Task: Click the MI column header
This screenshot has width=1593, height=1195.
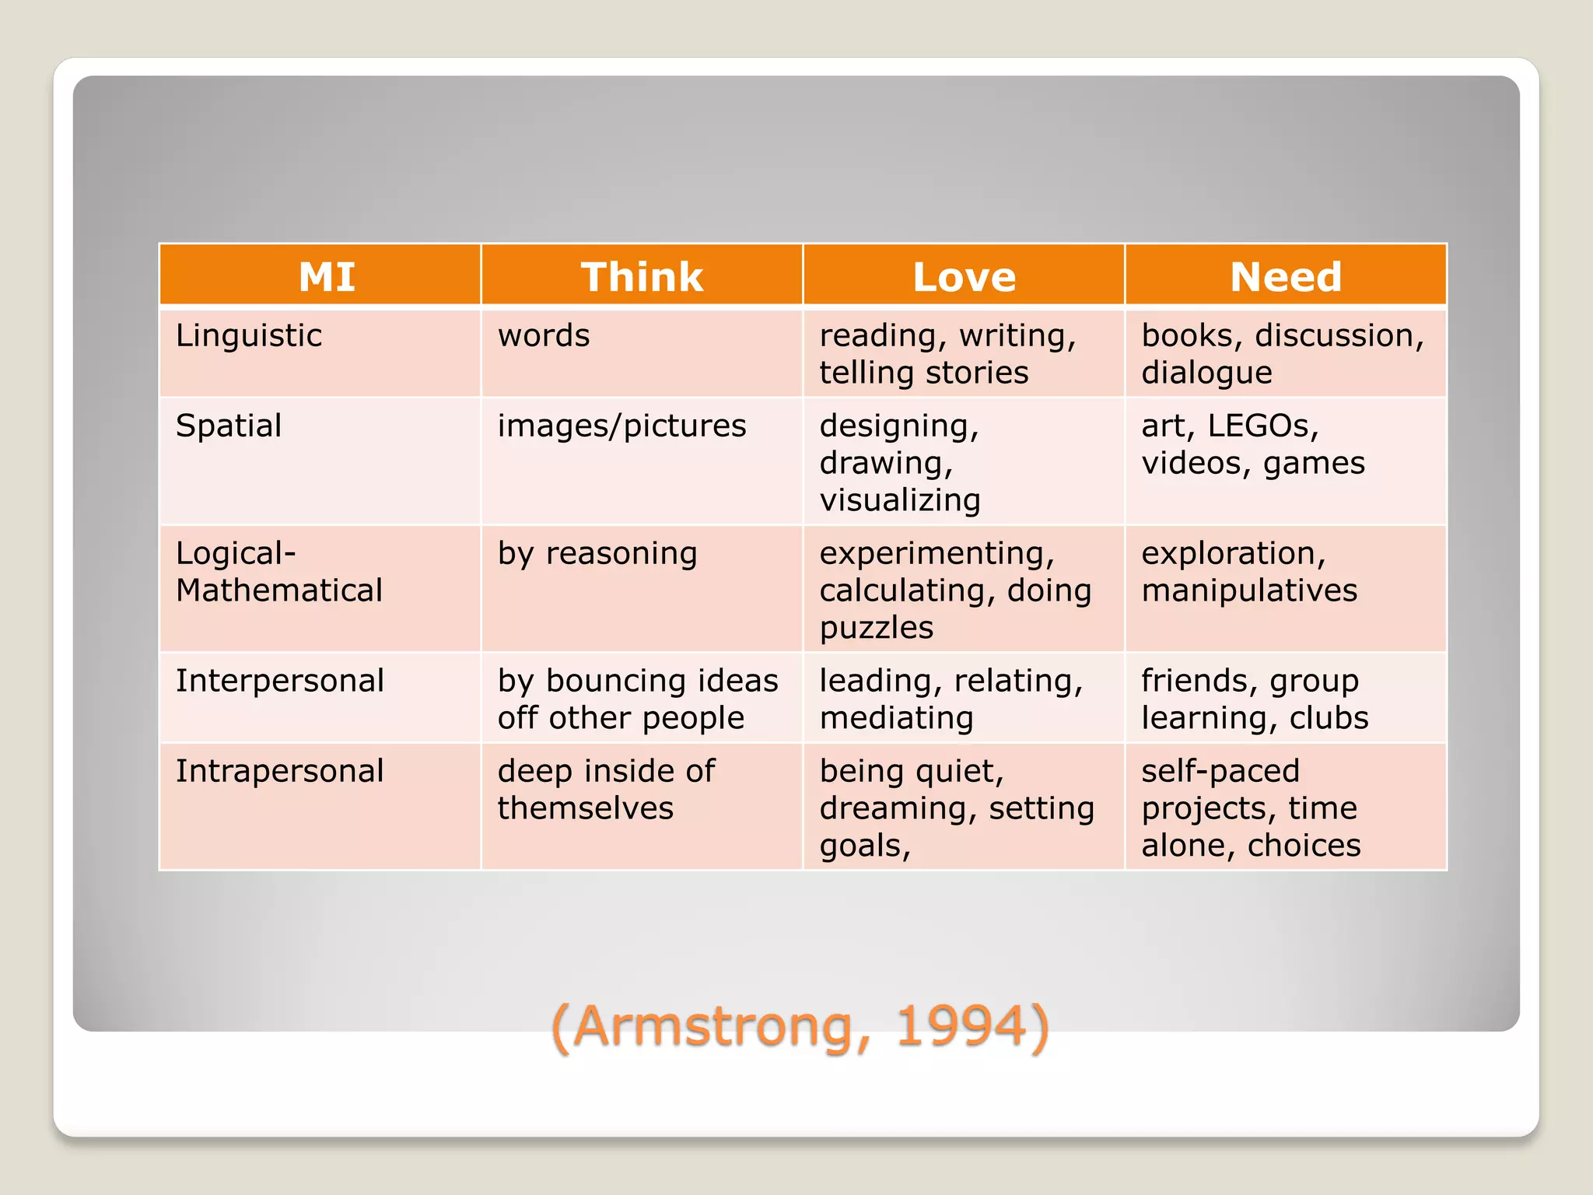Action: coord(327,276)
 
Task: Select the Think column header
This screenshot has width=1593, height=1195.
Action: coord(642,276)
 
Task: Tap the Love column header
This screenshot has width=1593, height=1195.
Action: coord(964,276)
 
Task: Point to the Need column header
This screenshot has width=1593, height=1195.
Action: coord(1286,276)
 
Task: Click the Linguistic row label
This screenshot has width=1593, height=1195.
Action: coord(249,335)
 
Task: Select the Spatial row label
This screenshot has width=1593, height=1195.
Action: coord(229,426)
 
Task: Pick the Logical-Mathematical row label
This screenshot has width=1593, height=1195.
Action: coord(278,572)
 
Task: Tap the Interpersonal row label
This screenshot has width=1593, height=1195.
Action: coord(280,681)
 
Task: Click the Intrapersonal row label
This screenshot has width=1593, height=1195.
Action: coord(280,771)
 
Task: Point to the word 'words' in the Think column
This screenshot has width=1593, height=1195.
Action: coord(544,335)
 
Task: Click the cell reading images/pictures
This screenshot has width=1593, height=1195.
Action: coord(621,426)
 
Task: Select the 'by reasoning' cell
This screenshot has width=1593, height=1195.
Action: coord(597,553)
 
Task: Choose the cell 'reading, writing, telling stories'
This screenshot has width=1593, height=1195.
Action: coord(947,354)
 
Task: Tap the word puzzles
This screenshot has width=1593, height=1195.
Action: coord(877,627)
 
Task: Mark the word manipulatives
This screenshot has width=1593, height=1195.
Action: coord(1249,590)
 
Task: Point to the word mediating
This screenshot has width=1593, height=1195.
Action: coord(896,717)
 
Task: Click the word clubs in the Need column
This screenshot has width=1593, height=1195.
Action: coord(1329,717)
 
